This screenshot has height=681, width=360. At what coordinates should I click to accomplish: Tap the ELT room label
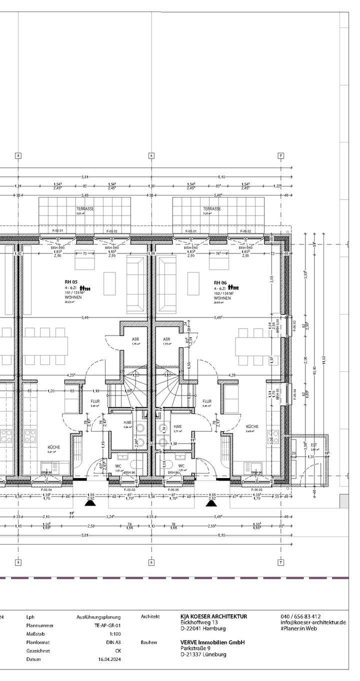314,444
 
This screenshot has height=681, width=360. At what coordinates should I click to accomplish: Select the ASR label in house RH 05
135,338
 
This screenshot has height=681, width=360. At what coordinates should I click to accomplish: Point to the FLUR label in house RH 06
207,401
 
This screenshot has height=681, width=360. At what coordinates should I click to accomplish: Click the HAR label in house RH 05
127,422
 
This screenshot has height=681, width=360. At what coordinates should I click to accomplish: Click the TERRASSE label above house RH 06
211,209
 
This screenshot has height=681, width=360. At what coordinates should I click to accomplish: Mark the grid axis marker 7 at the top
281,155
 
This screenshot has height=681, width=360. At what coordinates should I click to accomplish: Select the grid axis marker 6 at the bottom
151,562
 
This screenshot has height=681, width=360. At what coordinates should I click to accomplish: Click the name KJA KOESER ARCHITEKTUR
213,616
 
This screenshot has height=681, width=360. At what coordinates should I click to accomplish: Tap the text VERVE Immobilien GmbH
212,642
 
